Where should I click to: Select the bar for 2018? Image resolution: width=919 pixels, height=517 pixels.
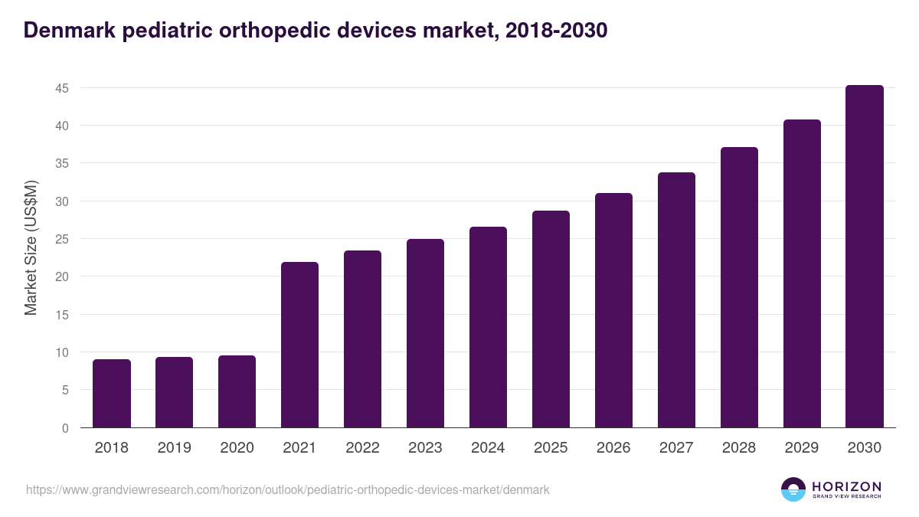point(112,394)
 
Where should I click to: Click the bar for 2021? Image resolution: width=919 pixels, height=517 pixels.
point(299,345)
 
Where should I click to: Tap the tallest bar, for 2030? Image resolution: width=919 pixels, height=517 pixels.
point(865,257)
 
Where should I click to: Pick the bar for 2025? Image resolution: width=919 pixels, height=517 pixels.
point(551,319)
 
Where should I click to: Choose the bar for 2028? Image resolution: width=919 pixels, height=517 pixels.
point(739,287)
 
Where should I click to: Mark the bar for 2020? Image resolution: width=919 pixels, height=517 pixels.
point(237,391)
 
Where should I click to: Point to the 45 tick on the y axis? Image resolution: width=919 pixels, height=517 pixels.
point(62,88)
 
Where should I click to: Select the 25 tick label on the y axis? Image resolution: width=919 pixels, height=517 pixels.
point(62,239)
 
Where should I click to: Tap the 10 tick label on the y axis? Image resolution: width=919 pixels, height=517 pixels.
point(62,352)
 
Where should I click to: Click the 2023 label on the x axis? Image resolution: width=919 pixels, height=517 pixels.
point(425,448)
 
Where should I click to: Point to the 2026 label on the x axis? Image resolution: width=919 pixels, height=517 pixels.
point(613,448)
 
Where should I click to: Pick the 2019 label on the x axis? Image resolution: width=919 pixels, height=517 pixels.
point(174,448)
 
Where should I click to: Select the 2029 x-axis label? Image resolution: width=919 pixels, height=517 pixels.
point(802,448)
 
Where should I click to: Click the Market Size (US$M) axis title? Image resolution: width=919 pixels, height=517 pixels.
point(31,247)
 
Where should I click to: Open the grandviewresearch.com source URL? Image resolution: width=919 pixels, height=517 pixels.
point(287,489)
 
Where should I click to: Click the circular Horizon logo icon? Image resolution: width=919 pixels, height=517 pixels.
point(793,489)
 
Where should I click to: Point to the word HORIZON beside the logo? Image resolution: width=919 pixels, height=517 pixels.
point(846,486)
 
